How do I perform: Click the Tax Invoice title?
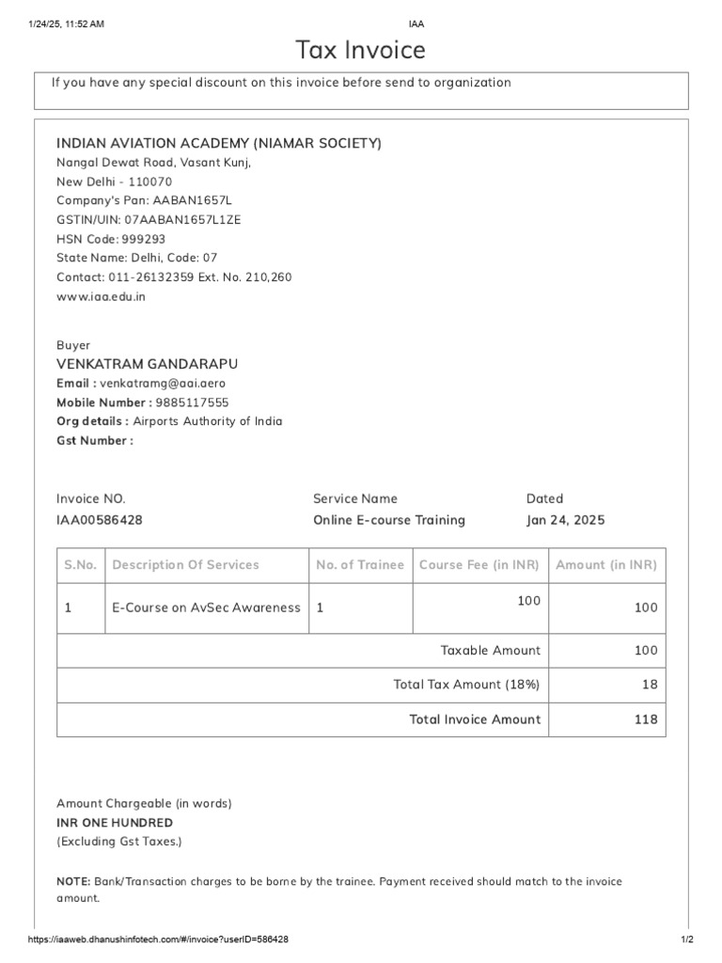(x=361, y=49)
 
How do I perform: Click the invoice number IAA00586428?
(x=100, y=520)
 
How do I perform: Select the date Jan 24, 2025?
(x=565, y=520)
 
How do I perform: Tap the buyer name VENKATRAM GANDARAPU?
(x=148, y=364)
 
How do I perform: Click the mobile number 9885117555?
(x=192, y=403)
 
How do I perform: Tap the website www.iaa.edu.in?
(x=101, y=296)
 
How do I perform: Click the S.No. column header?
(x=80, y=565)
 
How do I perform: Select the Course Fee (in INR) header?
(x=479, y=565)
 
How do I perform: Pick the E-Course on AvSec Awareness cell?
(x=206, y=608)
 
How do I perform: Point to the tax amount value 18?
(x=650, y=685)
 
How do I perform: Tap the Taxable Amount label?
(x=491, y=650)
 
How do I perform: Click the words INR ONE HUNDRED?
(x=115, y=823)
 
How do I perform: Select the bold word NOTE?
(x=73, y=882)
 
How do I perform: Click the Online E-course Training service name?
(x=388, y=520)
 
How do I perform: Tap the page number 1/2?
(x=686, y=939)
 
